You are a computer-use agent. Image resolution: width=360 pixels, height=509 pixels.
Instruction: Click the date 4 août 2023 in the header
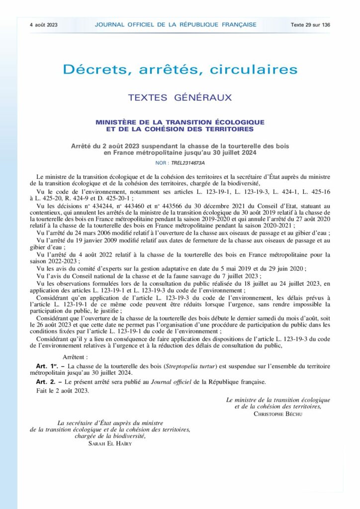44,24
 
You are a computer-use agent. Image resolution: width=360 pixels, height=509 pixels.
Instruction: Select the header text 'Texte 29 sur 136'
310,24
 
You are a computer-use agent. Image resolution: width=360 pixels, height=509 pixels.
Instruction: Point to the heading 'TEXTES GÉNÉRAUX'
180,97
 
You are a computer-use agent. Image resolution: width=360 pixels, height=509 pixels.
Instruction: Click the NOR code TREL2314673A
187,163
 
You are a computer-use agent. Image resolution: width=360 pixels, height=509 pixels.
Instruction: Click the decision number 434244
95,204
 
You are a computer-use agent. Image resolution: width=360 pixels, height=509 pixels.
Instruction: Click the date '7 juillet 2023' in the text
241,276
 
